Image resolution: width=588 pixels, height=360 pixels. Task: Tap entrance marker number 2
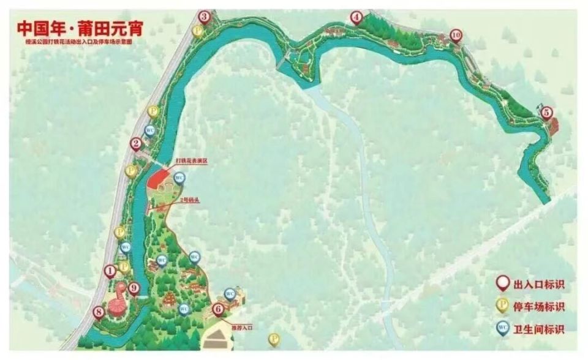(x=136, y=144)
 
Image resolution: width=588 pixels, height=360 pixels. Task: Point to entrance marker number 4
(x=356, y=18)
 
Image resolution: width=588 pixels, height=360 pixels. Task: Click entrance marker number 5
(x=546, y=112)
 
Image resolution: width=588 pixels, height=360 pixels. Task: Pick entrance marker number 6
(x=217, y=309)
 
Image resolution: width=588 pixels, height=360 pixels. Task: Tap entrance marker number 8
(x=99, y=312)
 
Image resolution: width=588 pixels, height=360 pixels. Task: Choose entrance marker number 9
(x=134, y=288)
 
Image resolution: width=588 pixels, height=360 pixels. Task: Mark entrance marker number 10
(x=455, y=36)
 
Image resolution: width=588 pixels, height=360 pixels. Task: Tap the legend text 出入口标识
(x=538, y=283)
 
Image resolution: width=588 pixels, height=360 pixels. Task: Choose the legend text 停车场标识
(x=538, y=306)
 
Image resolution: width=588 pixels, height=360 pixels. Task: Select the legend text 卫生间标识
(x=538, y=329)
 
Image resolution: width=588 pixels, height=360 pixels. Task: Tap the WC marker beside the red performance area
(x=179, y=178)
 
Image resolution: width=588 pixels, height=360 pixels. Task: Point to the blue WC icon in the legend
(x=502, y=329)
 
